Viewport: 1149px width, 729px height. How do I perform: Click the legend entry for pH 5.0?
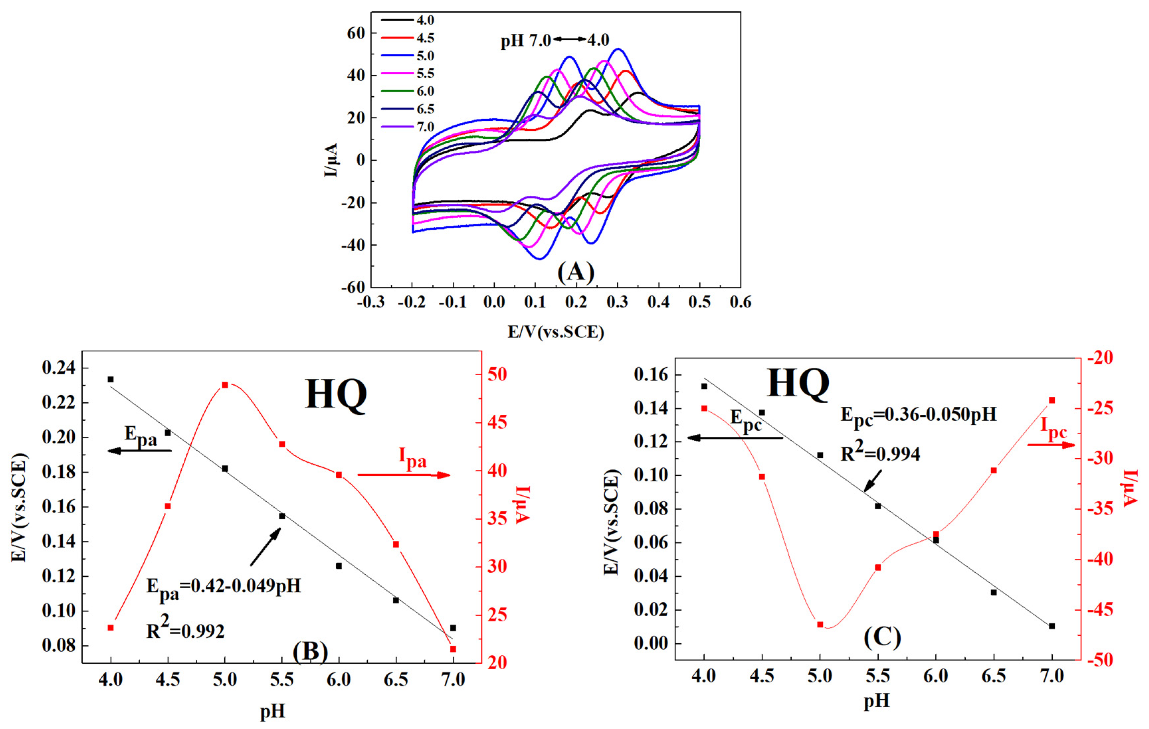pyautogui.click(x=425, y=56)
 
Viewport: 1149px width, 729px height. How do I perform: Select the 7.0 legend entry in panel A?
pyautogui.click(x=425, y=127)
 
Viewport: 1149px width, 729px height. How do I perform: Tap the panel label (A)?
pyautogui.click(x=576, y=272)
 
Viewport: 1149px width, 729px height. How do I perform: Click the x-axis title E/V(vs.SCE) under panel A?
pyautogui.click(x=556, y=331)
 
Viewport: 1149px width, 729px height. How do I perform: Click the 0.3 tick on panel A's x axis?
pyautogui.click(x=618, y=302)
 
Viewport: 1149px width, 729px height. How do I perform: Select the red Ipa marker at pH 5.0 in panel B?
pyautogui.click(x=225, y=385)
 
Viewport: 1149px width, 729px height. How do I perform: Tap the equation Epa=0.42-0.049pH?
pyautogui.click(x=223, y=586)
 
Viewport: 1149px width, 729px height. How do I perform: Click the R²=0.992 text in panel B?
pyautogui.click(x=185, y=630)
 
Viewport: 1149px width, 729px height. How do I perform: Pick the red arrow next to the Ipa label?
pyautogui.click(x=404, y=475)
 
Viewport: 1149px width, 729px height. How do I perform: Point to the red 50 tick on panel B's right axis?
pyautogui.click(x=497, y=375)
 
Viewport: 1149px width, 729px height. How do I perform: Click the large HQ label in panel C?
pyautogui.click(x=798, y=384)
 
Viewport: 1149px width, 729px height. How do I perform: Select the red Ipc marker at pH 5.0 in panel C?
pyautogui.click(x=820, y=624)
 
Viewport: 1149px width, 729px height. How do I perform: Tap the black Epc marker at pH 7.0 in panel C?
pyautogui.click(x=1052, y=626)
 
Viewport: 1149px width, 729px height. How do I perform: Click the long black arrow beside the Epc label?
pyautogui.click(x=735, y=438)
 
